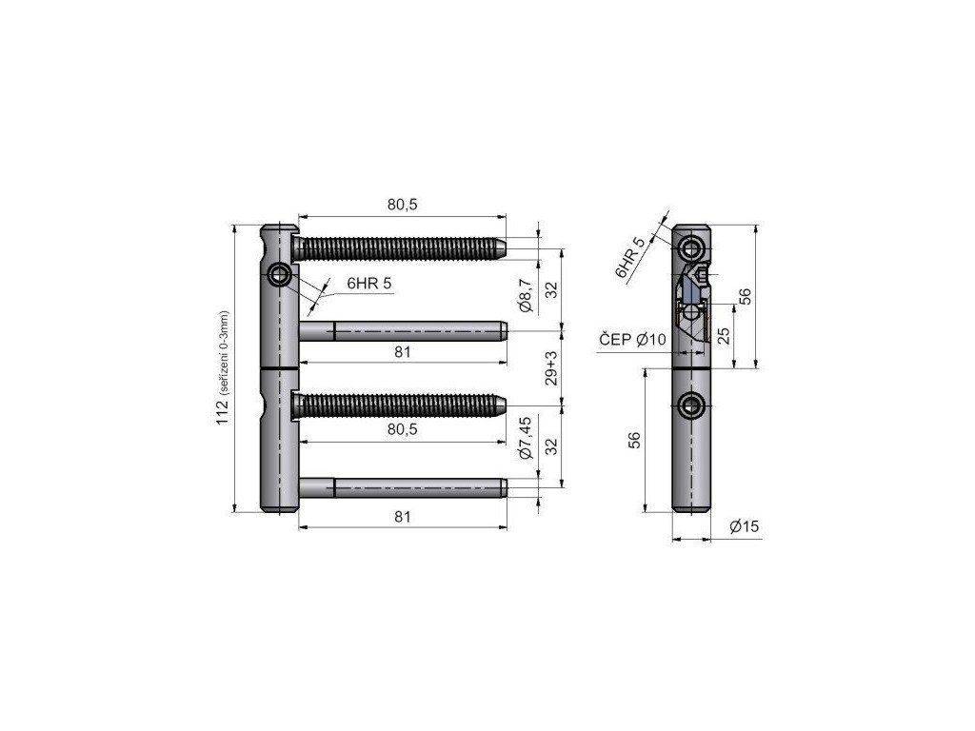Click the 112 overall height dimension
click(222, 412)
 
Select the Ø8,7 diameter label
click(526, 295)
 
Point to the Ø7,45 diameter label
click(526, 438)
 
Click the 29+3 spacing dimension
click(551, 368)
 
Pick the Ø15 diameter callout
click(745, 526)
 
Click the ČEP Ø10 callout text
click(632, 339)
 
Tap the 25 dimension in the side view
click(724, 336)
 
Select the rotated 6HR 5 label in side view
click(630, 257)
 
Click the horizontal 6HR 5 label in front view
click(369, 284)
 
